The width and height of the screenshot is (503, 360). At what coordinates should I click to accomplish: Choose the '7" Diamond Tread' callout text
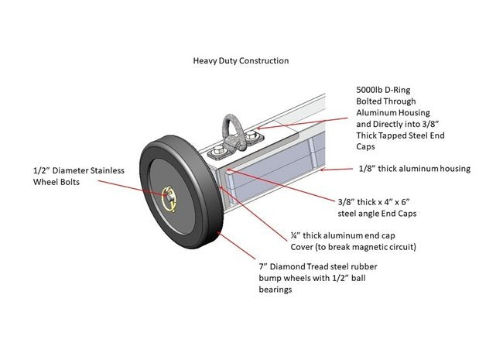click(x=299, y=267)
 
